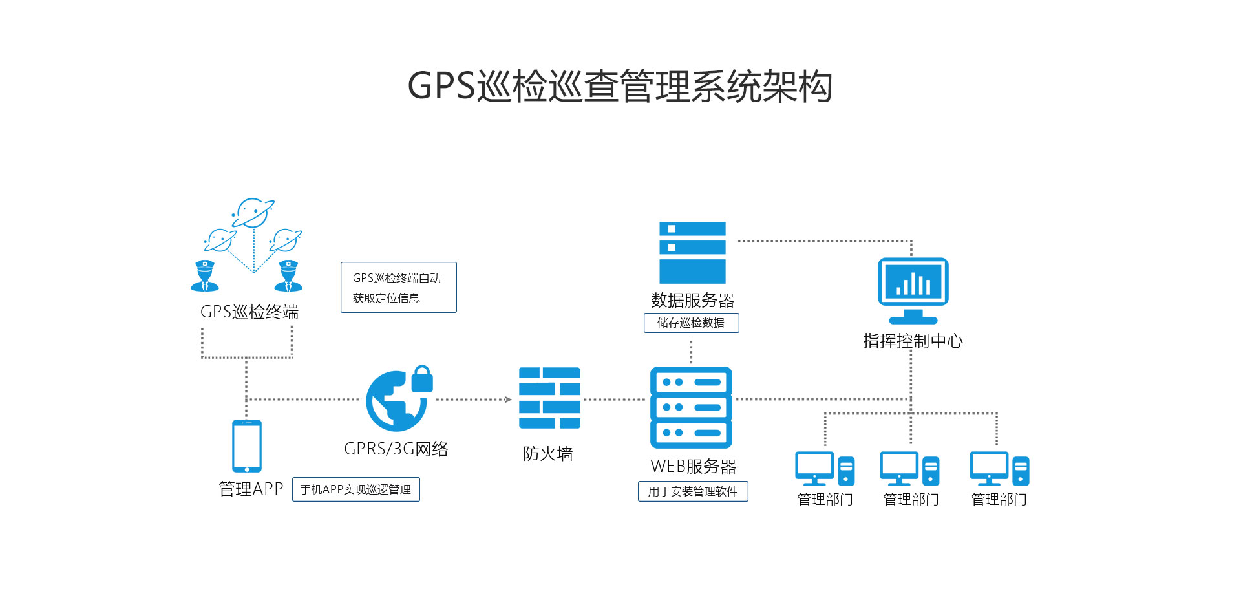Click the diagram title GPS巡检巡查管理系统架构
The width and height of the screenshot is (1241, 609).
coord(619,87)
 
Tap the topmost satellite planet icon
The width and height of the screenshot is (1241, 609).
coord(252,213)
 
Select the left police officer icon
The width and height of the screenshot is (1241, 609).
coord(205,276)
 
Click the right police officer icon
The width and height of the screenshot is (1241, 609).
coord(288,276)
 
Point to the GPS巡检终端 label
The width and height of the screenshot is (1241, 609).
coord(249,312)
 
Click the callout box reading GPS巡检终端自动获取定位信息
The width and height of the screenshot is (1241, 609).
coord(398,288)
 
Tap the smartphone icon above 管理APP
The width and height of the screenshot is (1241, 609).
coord(247,447)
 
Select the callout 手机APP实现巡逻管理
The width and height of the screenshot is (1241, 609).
coord(355,489)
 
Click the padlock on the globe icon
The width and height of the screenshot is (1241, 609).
coord(422,379)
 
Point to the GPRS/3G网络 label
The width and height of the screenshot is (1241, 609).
coord(396,449)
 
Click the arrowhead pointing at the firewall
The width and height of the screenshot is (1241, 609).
coord(508,400)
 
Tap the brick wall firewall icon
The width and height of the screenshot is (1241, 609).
coord(549,398)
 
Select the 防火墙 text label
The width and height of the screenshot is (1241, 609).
coord(547,454)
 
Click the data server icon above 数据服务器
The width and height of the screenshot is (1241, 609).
coord(692,253)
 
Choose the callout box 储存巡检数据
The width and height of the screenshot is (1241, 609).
coord(691,323)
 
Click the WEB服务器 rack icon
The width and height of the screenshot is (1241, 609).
coord(691,407)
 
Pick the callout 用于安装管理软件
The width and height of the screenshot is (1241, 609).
coord(693,491)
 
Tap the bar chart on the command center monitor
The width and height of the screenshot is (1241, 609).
coord(913,284)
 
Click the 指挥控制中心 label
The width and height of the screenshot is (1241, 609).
coord(913,341)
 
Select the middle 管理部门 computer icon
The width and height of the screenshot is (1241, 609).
coord(909,469)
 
